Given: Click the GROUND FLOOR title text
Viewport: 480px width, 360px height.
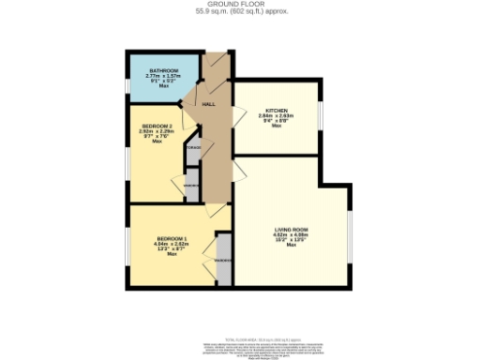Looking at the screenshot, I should pyautogui.click(x=239, y=5).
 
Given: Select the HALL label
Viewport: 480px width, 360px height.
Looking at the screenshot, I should pyautogui.click(x=210, y=104).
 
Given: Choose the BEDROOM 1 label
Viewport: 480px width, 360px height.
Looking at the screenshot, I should pyautogui.click(x=172, y=239).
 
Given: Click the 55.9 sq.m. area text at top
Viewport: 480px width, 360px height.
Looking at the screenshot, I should pyautogui.click(x=239, y=12).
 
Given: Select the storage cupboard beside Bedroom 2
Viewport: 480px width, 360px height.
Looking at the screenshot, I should pyautogui.click(x=194, y=150).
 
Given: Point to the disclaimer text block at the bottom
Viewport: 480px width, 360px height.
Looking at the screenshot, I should pyautogui.click(x=239, y=348).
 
